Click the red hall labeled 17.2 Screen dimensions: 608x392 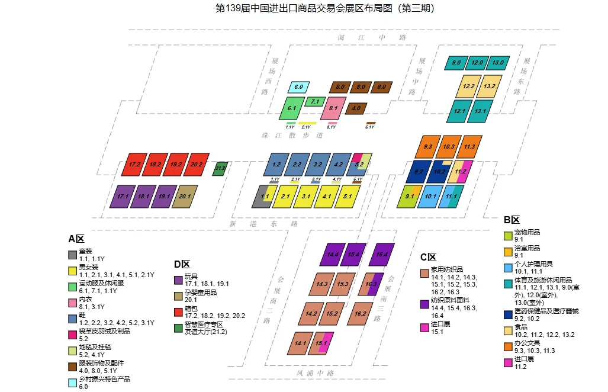pyautogui.click(x=134, y=164)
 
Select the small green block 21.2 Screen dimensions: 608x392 pyautogui.click(x=220, y=169)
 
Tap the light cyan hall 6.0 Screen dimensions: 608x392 pyautogui.click(x=298, y=87)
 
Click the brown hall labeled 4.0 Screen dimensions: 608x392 pyautogui.click(x=356, y=108)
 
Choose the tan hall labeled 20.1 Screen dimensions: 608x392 pyautogui.click(x=184, y=196)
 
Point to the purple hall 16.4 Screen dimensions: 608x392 pyautogui.click(x=381, y=255)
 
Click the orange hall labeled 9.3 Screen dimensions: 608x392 pyautogui.click(x=427, y=146)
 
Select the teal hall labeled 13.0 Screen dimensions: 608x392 pyautogui.click(x=497, y=63)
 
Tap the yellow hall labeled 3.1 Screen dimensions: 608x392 pyautogui.click(x=305, y=196)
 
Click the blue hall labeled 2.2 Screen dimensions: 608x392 pyautogui.click(x=297, y=164)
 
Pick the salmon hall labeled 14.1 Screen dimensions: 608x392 pyautogui.click(x=300, y=343)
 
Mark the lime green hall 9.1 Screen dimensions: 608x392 pyautogui.click(x=409, y=196)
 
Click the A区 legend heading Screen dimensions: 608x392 pyautogui.click(x=76, y=239)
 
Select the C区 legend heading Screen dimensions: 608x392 pyautogui.click(x=428, y=257)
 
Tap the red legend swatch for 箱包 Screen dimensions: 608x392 pyautogui.click(x=178, y=311)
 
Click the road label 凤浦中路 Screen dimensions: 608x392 pyautogui.click(x=316, y=373)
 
